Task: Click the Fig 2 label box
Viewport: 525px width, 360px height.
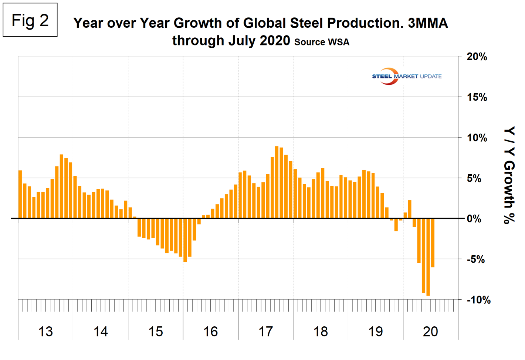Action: [30, 20]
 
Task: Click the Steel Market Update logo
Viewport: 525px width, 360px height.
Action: [406, 76]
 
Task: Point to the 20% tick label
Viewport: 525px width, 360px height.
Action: [477, 57]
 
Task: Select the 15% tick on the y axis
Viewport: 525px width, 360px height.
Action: [477, 97]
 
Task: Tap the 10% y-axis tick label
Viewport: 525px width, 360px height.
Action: [477, 138]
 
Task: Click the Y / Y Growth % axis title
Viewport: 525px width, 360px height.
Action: [509, 175]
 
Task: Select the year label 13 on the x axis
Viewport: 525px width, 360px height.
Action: [45, 332]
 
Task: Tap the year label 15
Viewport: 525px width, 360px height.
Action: [156, 332]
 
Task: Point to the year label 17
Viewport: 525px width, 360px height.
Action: [265, 332]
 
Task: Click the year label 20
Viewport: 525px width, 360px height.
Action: [430, 332]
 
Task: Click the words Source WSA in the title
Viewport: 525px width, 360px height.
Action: [322, 42]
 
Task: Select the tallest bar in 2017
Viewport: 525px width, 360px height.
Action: [277, 182]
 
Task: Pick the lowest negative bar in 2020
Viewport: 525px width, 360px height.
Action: [428, 257]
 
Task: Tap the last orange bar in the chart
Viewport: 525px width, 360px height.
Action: [433, 243]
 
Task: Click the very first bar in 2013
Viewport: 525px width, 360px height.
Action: [20, 194]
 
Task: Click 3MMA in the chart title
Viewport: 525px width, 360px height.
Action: [428, 23]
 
